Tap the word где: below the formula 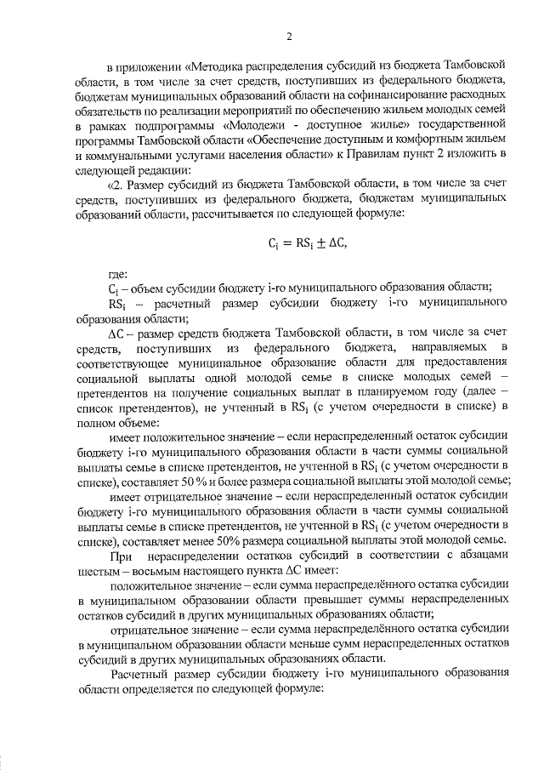coord(117,274)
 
